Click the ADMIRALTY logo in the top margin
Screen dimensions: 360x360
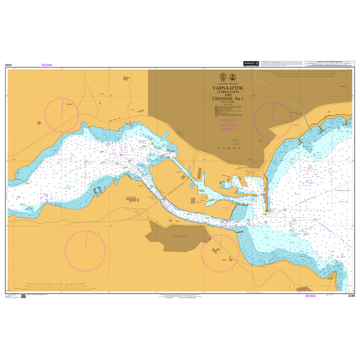[250, 64]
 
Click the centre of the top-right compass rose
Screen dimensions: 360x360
[273, 121]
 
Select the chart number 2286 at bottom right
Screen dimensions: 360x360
[351, 296]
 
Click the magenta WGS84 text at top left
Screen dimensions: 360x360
[47, 65]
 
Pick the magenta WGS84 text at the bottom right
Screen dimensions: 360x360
[310, 296]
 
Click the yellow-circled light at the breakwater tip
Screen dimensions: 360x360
[266, 214]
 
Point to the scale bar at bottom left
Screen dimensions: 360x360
[50, 285]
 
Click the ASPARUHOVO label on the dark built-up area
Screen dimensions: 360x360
[172, 235]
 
